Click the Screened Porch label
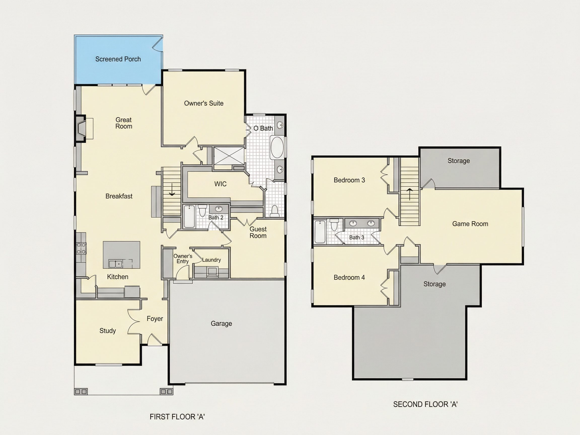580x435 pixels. click(118, 59)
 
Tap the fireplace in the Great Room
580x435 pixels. click(81, 129)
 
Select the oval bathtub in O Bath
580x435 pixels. click(277, 147)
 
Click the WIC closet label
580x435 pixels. click(220, 184)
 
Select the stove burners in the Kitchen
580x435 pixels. click(81, 248)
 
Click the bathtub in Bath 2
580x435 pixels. click(189, 216)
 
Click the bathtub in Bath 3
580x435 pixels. click(320, 232)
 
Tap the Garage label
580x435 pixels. click(221, 323)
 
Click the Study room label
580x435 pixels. click(107, 331)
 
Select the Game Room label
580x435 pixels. click(470, 224)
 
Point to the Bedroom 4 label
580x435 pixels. click(349, 277)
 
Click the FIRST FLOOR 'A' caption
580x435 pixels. click(177, 417)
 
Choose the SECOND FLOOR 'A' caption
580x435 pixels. click(425, 404)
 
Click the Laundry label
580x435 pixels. click(211, 260)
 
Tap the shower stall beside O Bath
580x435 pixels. click(229, 156)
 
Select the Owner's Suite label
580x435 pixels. click(204, 103)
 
